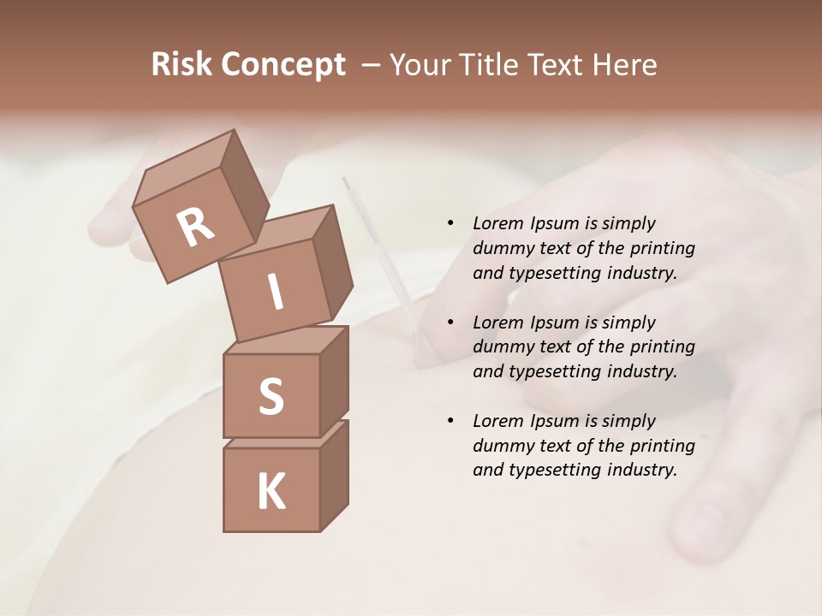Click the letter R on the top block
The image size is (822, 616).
click(x=195, y=228)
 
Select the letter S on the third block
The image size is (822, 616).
click(x=271, y=396)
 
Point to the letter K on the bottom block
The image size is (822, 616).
click(x=271, y=492)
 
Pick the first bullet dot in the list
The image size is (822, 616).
click(x=450, y=224)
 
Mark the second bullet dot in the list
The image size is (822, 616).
click(x=450, y=323)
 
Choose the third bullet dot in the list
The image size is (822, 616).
click(x=450, y=422)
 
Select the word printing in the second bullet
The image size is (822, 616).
click(x=664, y=347)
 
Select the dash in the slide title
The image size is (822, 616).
click(x=372, y=65)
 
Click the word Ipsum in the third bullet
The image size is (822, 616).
click(x=556, y=421)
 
